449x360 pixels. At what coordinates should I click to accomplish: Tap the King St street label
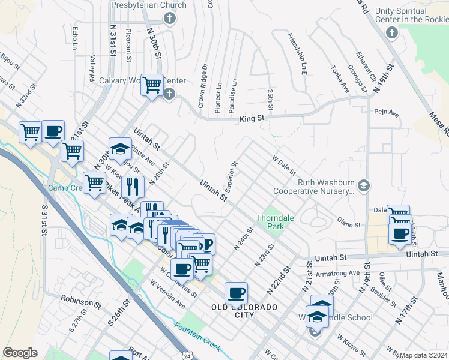pos(252,119)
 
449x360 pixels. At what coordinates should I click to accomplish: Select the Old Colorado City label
pos(244,311)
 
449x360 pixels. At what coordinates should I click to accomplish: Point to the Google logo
pos(20,353)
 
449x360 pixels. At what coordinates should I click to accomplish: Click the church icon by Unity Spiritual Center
pos(392,32)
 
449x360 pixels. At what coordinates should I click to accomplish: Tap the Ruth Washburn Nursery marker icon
pos(363,184)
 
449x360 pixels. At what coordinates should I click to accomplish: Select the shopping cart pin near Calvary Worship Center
pos(152,85)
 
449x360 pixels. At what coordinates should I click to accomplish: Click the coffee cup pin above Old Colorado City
pos(237,293)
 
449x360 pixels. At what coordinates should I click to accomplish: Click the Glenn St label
pos(348,224)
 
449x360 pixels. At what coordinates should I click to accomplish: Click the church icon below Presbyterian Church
pos(170,19)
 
